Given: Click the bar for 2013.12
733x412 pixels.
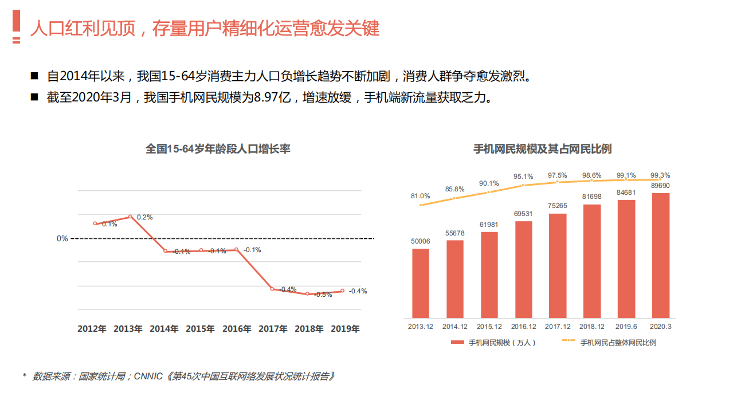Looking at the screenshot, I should click(420, 283).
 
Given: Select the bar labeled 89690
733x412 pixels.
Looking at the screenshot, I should click(660, 255).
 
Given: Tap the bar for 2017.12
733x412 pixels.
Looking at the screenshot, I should click(558, 265).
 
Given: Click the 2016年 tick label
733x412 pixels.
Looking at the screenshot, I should click(237, 329).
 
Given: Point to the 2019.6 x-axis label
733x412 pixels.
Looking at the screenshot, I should click(626, 327).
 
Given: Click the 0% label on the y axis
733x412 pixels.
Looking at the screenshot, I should click(62, 238).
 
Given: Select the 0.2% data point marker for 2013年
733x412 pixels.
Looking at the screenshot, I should click(130, 217).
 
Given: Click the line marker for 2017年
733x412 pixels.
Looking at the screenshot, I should click(272, 289).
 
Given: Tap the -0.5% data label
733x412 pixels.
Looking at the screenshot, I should click(323, 295).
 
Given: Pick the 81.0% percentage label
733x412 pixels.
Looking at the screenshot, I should click(420, 196).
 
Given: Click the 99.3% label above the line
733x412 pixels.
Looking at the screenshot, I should click(660, 175).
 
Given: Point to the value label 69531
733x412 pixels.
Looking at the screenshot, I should click(523, 214).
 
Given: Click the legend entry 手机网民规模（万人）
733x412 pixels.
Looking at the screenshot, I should click(493, 343).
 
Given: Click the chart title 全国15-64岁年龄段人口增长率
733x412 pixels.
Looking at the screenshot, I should click(218, 149).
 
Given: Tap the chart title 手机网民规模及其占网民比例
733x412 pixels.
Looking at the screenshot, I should click(542, 149).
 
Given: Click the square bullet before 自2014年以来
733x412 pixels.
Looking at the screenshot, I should click(34, 76).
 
